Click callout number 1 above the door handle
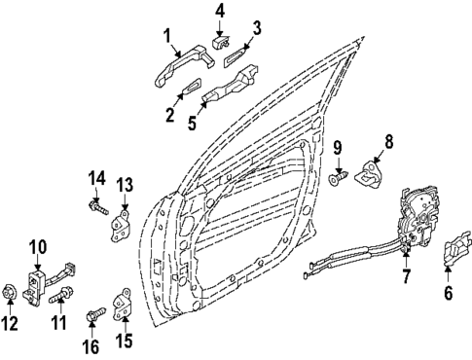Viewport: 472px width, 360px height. click(168, 38)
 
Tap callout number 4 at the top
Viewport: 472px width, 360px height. click(219, 12)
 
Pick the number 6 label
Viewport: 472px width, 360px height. click(449, 291)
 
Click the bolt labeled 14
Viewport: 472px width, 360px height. click(100, 205)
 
